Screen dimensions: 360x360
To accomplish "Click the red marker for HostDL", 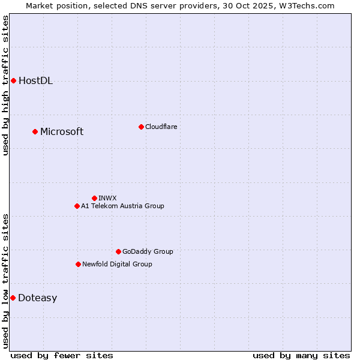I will pos(13,80).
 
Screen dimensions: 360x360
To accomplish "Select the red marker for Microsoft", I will pos(35,131).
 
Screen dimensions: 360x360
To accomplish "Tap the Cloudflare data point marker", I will pos(141,127).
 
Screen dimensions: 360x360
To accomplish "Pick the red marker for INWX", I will pos(94,198).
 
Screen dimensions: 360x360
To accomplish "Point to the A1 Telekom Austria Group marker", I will pos(77,206).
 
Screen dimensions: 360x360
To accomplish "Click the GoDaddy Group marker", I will pos(118,251).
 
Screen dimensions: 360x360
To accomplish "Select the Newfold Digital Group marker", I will pos(78,264).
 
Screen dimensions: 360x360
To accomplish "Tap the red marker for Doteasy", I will pos(13,298).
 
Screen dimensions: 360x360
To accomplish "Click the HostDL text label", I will pos(35,81).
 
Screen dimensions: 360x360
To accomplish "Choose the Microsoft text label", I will pos(62,132).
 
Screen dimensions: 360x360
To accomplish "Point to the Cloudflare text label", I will pos(161,127).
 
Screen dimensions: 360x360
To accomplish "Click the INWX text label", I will pos(107,198).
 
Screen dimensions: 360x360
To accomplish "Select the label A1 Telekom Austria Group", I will pos(122,206).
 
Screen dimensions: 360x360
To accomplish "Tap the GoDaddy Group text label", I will pos(148,251).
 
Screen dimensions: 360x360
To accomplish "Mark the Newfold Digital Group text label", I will pos(117,264).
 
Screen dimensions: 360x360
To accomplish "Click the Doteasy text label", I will pos(37,298).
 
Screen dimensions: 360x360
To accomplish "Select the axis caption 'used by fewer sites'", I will pos(62,355).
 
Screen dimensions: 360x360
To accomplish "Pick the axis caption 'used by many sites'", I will pos(301,355).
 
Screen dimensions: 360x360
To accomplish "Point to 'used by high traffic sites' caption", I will pos(6,85).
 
